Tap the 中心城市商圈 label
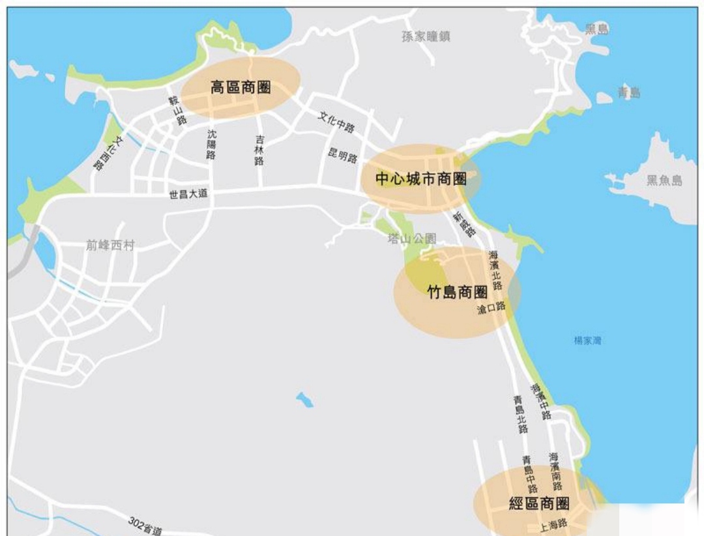[422, 178]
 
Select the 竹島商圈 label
[457, 292]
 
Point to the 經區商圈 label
[539, 503]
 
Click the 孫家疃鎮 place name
[426, 36]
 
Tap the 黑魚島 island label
[664, 180]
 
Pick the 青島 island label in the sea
[629, 92]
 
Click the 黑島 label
[597, 29]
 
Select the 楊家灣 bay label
[587, 340]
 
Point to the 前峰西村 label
[110, 246]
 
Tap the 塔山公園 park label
[412, 239]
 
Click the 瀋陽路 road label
[211, 144]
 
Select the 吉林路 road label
[259, 150]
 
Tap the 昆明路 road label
[343, 157]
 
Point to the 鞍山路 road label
[177, 110]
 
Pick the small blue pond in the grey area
[304, 399]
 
